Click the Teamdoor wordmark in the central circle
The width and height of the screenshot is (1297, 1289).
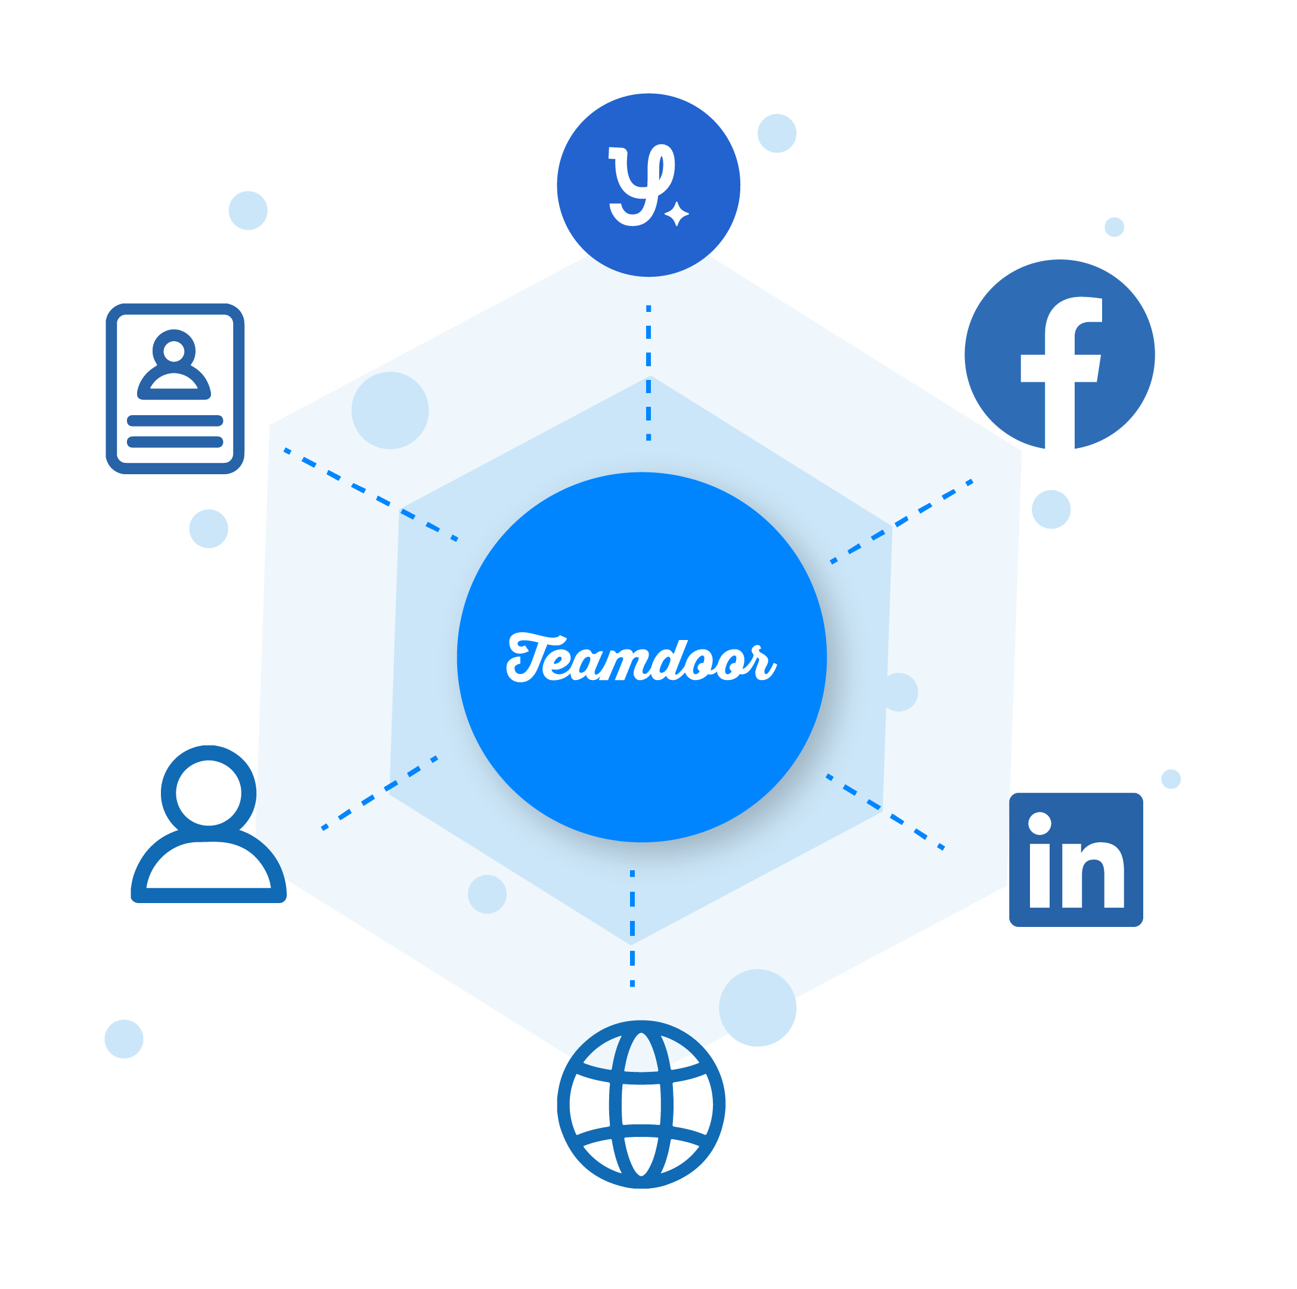(641, 659)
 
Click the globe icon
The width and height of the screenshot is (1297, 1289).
(641, 1104)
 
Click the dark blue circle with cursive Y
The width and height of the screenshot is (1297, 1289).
(648, 185)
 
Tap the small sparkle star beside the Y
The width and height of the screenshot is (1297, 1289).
(677, 214)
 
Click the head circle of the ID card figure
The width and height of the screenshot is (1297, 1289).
(174, 351)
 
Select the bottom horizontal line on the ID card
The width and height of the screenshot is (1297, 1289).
(175, 442)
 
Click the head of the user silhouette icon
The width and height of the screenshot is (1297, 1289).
(209, 793)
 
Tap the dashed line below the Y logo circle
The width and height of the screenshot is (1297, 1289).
(648, 373)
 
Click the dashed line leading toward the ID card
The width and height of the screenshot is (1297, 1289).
(371, 494)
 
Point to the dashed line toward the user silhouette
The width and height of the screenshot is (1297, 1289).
(379, 793)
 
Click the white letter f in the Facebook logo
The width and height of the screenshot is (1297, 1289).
(1061, 372)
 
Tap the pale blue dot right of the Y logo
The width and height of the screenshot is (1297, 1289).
(777, 133)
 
